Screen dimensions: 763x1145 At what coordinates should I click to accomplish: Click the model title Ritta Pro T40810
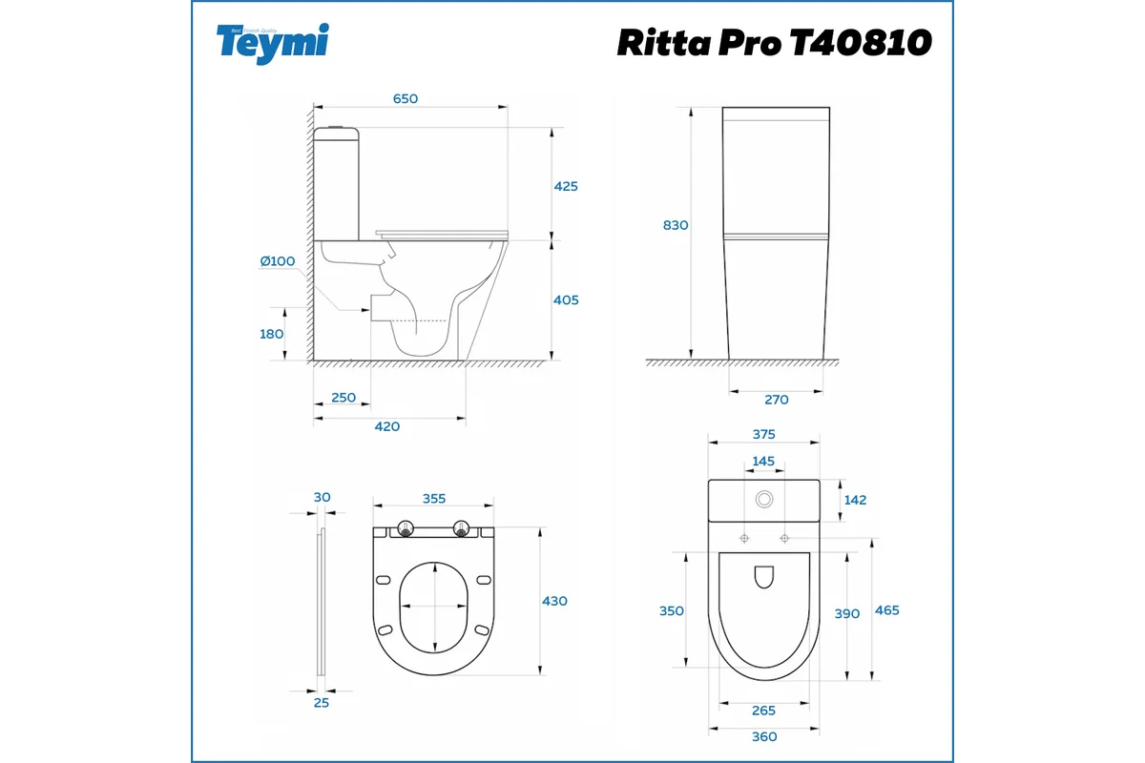pos(774,42)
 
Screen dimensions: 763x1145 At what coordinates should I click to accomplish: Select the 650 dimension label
pos(406,98)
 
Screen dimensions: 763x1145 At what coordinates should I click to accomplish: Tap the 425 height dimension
pos(566,186)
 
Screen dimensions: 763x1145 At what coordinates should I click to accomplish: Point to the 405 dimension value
pos(566,299)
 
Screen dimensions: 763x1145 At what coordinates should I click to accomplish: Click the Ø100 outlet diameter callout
pos(278,260)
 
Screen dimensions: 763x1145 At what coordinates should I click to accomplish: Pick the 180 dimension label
pos(272,334)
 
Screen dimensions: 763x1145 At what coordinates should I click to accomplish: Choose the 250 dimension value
pos(343,397)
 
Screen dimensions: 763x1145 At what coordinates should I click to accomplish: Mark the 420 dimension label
pos(386,426)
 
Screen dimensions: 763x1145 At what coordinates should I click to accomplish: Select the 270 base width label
pos(777,400)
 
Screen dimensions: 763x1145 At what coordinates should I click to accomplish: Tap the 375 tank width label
pos(763,434)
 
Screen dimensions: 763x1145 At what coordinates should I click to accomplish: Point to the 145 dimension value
pos(763,461)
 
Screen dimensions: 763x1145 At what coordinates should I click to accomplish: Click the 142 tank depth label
pos(855,500)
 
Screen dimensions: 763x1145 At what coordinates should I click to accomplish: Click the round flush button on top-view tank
pos(763,499)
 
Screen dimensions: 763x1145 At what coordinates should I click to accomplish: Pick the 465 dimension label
pos(886,610)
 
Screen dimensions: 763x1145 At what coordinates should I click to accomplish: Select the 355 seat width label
pos(434,498)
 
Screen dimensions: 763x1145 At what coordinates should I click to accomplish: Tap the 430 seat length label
pos(554,601)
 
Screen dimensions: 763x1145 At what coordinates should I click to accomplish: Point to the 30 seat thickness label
pos(322,497)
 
